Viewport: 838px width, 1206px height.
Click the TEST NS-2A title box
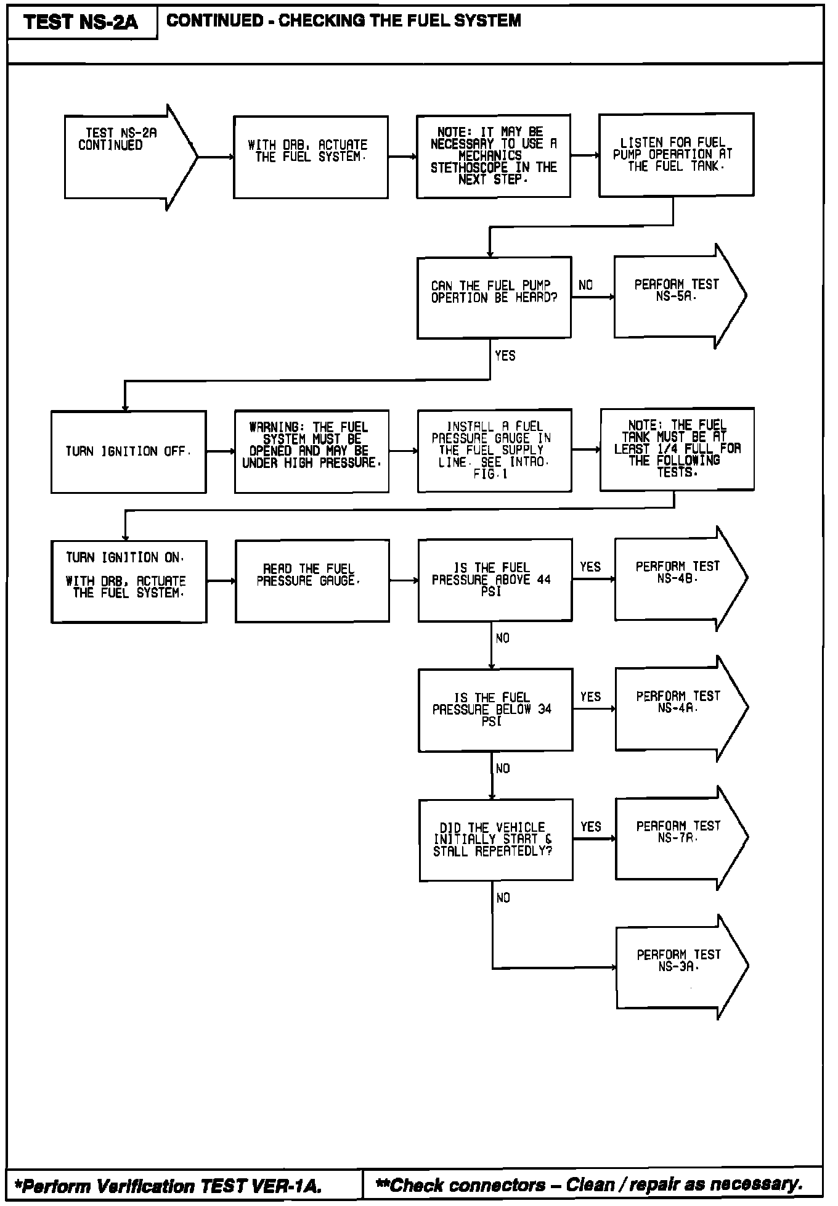coord(82,22)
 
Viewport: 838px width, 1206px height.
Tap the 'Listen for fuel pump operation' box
coord(676,155)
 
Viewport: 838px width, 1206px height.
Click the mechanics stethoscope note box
coord(493,156)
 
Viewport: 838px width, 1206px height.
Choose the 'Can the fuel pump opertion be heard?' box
coord(494,297)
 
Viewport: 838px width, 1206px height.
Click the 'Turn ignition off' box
coord(128,452)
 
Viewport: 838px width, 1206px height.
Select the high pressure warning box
coord(311,451)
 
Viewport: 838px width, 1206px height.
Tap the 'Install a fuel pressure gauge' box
coord(494,450)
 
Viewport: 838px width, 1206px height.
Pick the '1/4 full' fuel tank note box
coord(677,449)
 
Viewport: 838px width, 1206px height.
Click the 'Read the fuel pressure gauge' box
coord(312,581)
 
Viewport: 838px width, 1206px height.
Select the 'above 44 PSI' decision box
coord(495,580)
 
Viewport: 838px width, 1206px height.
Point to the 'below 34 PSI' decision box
coord(495,710)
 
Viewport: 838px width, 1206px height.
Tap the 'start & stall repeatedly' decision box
coord(495,840)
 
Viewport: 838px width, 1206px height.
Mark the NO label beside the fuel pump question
coord(585,285)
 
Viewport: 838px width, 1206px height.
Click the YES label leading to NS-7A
coord(590,827)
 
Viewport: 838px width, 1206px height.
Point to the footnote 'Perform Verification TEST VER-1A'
coord(168,1186)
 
